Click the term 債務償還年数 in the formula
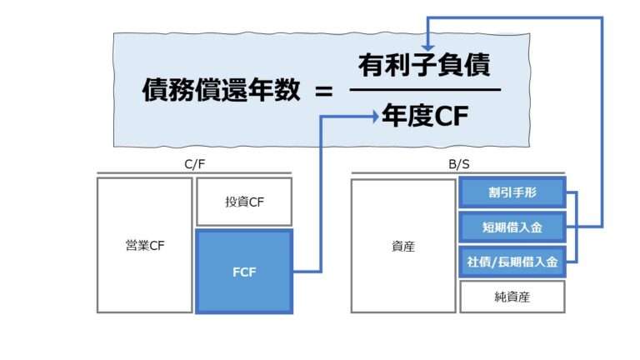pyautogui.click(x=220, y=91)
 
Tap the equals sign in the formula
pyautogui.click(x=322, y=91)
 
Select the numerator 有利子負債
pyautogui.click(x=424, y=65)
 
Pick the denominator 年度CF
pyautogui.click(x=424, y=117)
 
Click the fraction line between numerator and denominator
pyautogui.click(x=424, y=90)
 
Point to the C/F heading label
pyautogui.click(x=194, y=165)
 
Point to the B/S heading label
pyautogui.click(x=457, y=165)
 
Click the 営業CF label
pyautogui.click(x=145, y=246)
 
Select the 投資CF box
pyautogui.click(x=244, y=202)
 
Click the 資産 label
pyautogui.click(x=403, y=246)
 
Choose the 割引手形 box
pyautogui.click(x=512, y=192)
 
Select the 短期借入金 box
pyautogui.click(x=512, y=227)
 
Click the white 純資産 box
pyautogui.click(x=512, y=296)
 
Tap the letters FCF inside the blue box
pyautogui.click(x=244, y=272)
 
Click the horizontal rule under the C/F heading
pyautogui.click(x=194, y=174)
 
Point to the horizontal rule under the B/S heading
pyautogui.click(x=457, y=174)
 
